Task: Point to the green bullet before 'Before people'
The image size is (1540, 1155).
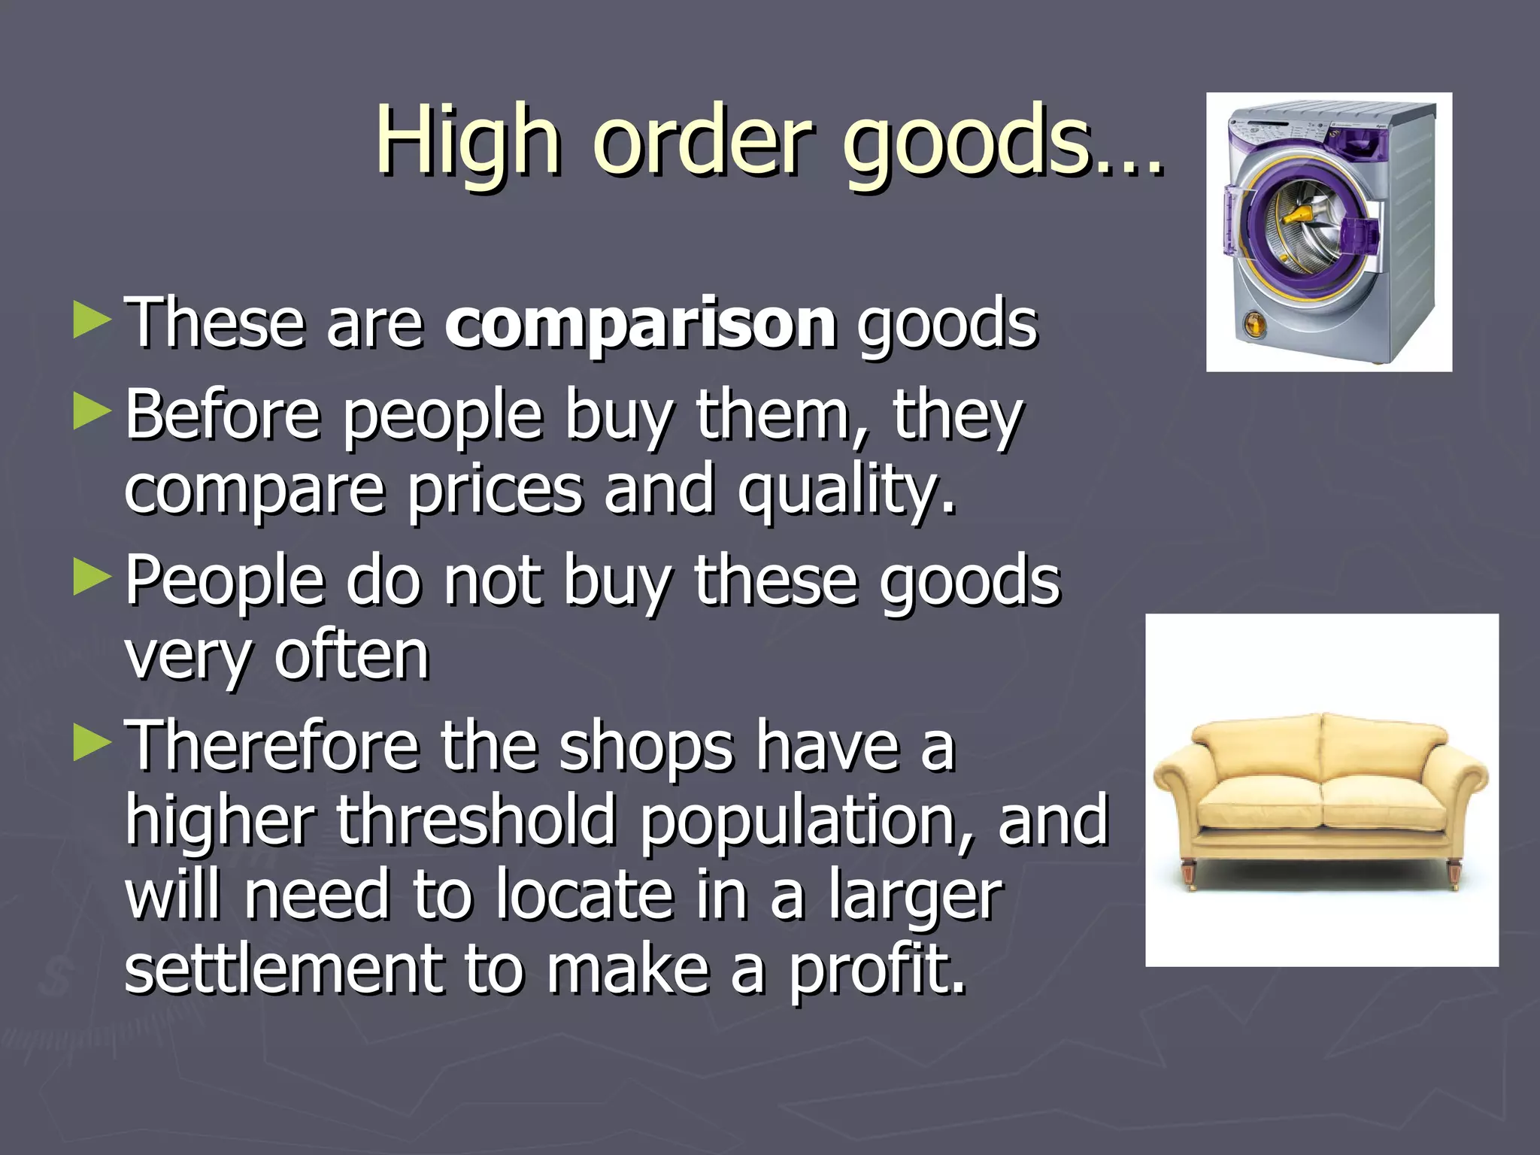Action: click(92, 413)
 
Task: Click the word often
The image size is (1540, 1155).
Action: click(351, 656)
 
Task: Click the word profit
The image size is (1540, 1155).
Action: click(875, 970)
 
